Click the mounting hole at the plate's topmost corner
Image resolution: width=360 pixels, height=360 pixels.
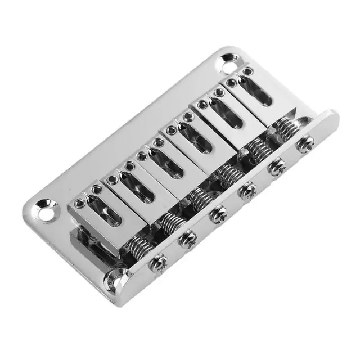[x=228, y=57]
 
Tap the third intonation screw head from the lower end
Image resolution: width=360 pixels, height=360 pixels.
[x=218, y=214]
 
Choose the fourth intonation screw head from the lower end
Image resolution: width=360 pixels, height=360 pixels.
[x=247, y=191]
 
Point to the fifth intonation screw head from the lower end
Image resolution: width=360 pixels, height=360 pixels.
[x=276, y=167]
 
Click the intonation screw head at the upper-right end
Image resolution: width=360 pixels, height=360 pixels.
[x=306, y=143]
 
